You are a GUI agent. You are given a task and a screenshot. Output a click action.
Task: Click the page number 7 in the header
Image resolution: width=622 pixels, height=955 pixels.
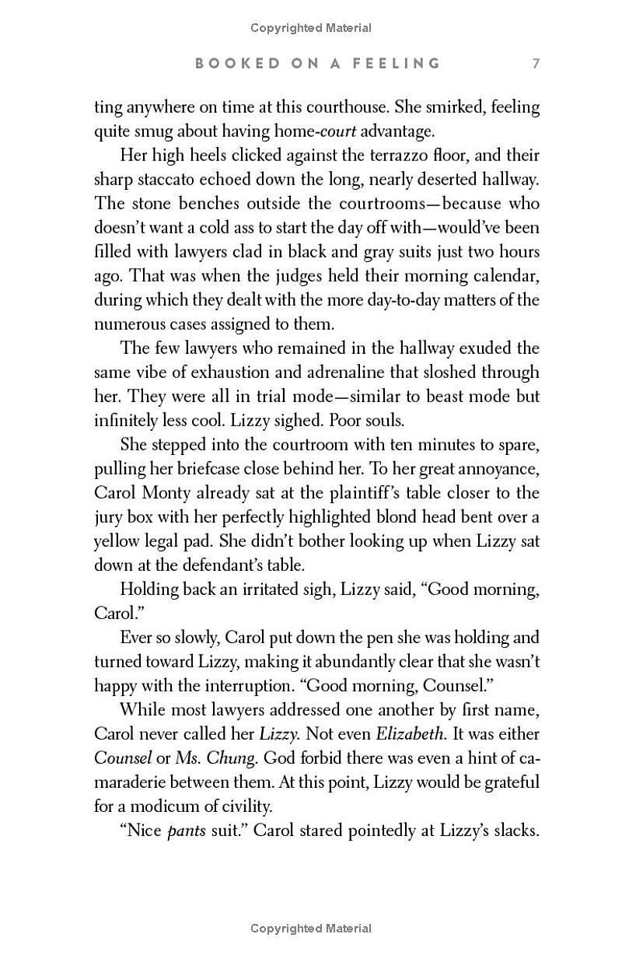(x=536, y=63)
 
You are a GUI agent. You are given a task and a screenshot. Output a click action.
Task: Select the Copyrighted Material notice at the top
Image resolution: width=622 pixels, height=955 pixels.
(x=311, y=28)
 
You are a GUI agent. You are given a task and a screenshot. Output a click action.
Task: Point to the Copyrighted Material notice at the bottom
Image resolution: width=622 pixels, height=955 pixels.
(x=311, y=928)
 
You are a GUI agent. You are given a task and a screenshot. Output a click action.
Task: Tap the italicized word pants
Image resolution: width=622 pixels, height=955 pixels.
(x=187, y=831)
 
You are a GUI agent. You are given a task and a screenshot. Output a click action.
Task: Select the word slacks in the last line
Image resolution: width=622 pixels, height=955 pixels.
(x=515, y=830)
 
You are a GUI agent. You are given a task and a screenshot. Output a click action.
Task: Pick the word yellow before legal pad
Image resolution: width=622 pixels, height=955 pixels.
(x=117, y=541)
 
